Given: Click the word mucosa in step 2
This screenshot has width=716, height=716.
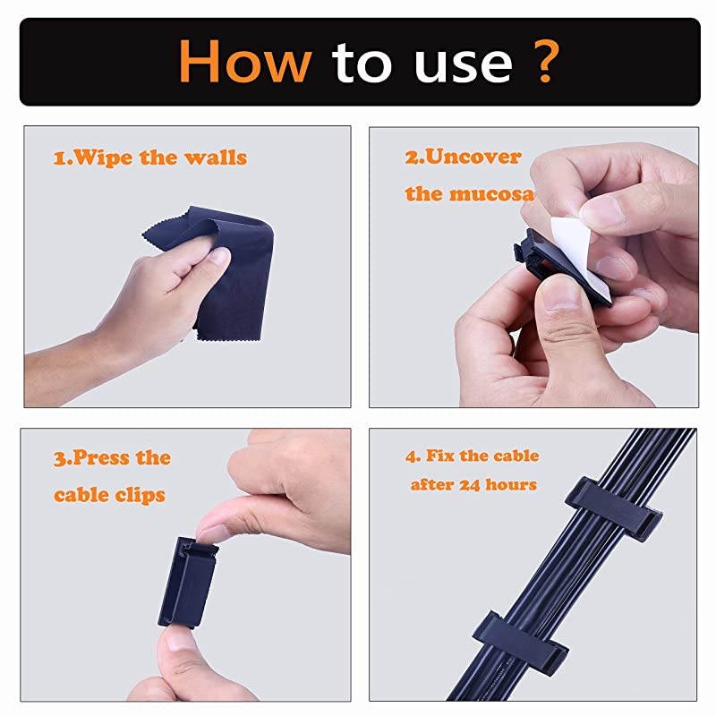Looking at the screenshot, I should coord(496,193).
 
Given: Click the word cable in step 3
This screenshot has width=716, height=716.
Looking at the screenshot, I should coord(81,494).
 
